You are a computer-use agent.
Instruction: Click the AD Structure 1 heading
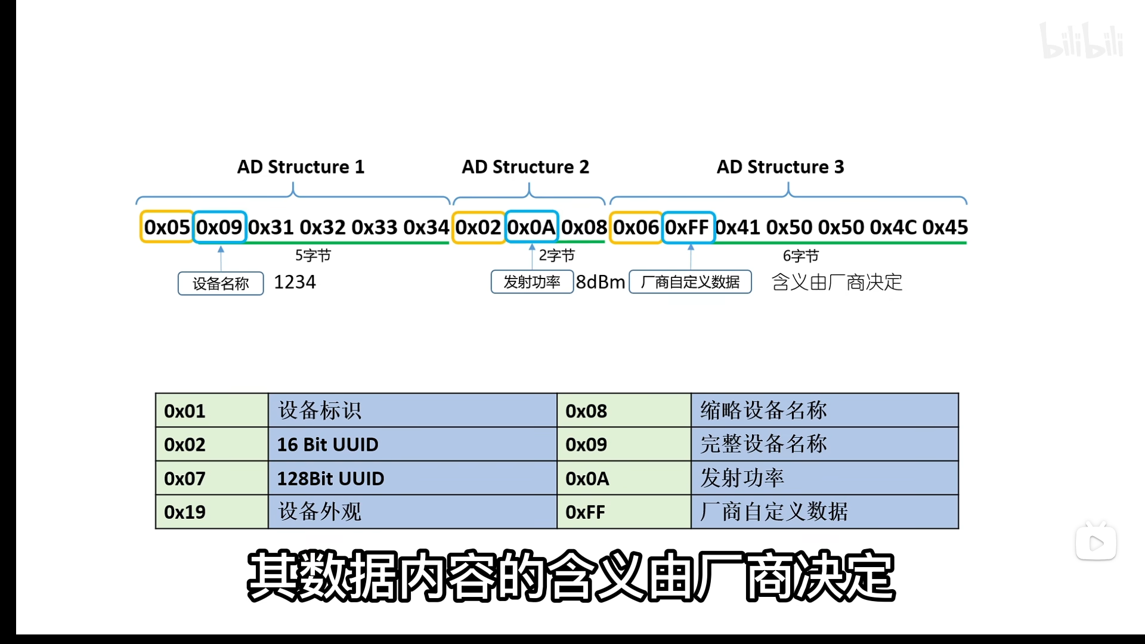point(301,167)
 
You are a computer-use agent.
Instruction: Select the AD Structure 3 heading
point(780,167)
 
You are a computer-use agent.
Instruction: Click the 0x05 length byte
point(167,227)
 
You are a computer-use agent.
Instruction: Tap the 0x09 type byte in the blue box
point(219,227)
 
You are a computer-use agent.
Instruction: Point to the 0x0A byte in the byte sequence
point(531,227)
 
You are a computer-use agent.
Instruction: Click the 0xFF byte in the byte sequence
point(688,227)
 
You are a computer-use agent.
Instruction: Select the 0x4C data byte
point(893,227)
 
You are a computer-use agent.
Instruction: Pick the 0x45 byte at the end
point(945,227)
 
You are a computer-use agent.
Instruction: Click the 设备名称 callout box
point(221,283)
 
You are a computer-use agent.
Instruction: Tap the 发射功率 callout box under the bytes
point(532,282)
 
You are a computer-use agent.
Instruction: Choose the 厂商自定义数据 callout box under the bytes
point(690,282)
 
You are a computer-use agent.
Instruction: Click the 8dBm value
point(601,282)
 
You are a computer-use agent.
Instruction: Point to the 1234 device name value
point(295,282)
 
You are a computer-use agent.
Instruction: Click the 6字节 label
point(800,256)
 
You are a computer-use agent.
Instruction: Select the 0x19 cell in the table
point(185,512)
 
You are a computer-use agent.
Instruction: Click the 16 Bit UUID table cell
point(328,445)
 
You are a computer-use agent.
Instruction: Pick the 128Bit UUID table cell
point(331,479)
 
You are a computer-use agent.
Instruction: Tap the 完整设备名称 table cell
point(763,444)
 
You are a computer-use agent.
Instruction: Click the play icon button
point(1096,543)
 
